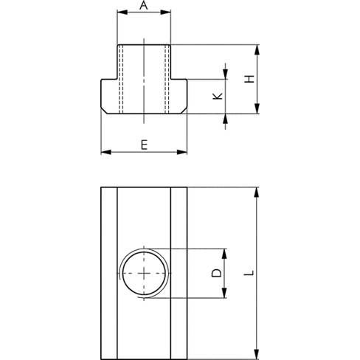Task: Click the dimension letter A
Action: [x=144, y=5]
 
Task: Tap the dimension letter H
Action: [x=249, y=79]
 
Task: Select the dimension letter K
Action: [x=218, y=96]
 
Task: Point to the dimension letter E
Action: [x=144, y=145]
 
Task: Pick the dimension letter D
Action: [x=217, y=273]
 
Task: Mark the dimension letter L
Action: [x=249, y=273]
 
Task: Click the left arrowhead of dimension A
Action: [x=122, y=12]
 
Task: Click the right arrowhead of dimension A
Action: [x=165, y=12]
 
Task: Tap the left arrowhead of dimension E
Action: [x=106, y=152]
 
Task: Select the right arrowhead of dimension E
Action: [x=182, y=152]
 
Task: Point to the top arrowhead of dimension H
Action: [x=257, y=50]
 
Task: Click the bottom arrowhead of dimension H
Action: [x=257, y=108]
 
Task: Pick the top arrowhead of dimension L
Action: [x=257, y=192]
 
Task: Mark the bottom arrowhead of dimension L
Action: [x=257, y=354]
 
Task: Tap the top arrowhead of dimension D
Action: [x=224, y=254]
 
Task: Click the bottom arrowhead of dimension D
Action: [x=224, y=293]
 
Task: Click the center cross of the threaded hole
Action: [x=144, y=273]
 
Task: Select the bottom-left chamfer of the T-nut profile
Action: [x=104, y=111]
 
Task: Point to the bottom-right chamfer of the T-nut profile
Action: [x=184, y=111]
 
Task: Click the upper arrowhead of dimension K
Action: [x=225, y=75]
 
